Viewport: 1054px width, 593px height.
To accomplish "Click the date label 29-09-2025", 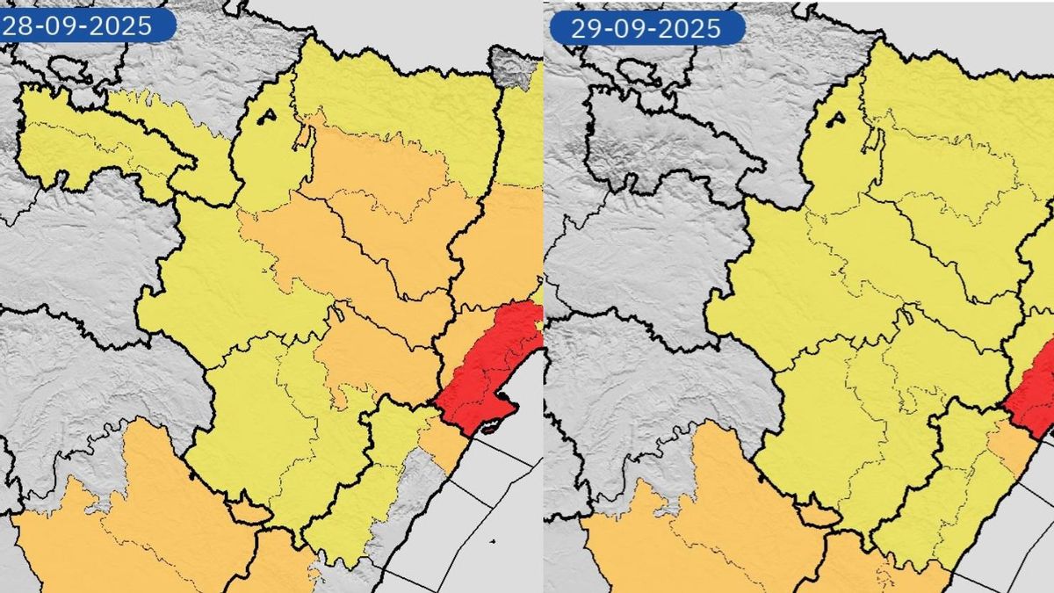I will click(x=646, y=28).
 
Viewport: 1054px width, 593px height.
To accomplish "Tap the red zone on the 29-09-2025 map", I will click(x=1032, y=400).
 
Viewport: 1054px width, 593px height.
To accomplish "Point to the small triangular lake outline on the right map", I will click(x=836, y=119).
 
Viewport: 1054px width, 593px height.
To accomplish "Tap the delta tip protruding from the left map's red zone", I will click(x=488, y=429).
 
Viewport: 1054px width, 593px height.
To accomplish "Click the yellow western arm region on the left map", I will click(x=105, y=141).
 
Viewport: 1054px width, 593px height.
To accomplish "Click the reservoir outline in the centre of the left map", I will click(x=338, y=312).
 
